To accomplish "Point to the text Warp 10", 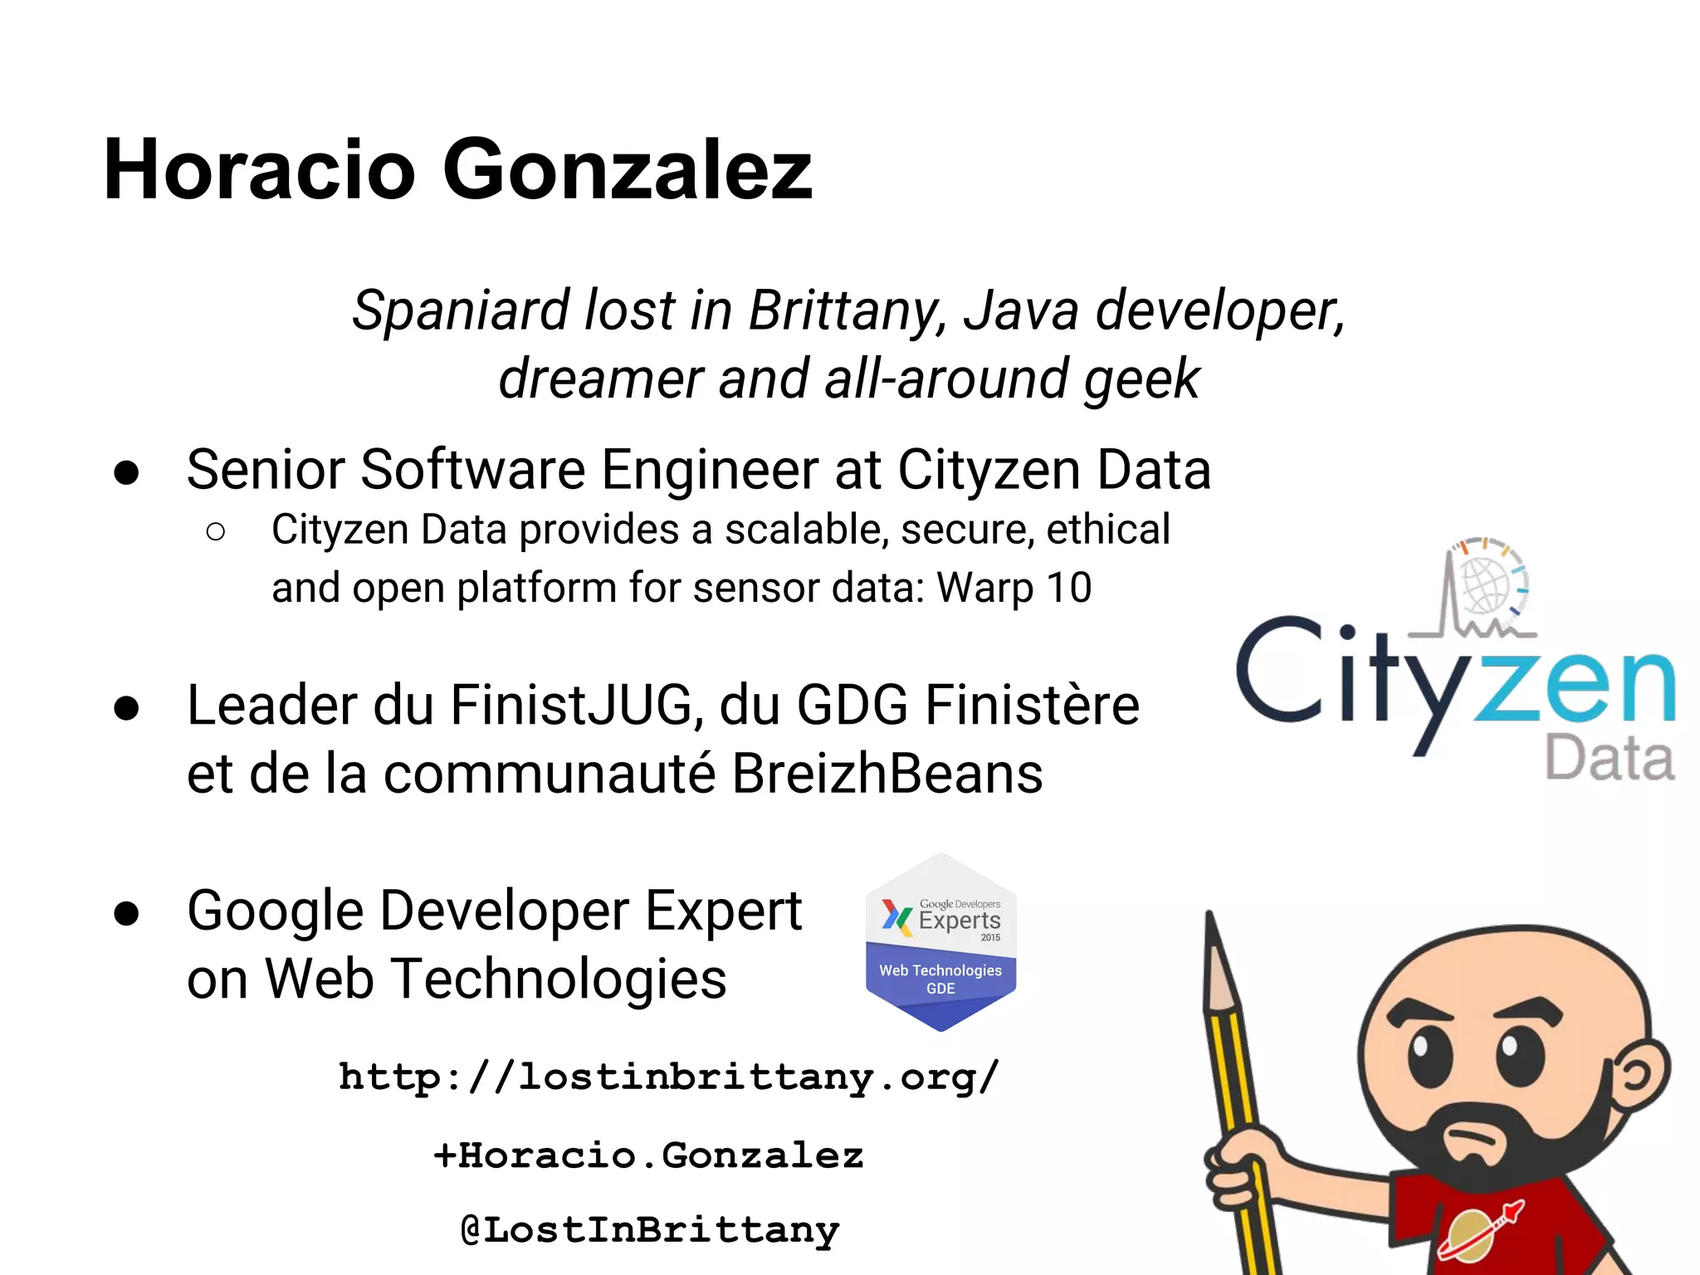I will click(1014, 588).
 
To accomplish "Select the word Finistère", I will click(1032, 706).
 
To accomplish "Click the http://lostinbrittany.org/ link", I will click(669, 1077).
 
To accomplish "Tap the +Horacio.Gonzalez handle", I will click(648, 1155).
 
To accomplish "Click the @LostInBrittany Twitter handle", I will click(650, 1230).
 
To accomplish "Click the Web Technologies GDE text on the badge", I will click(940, 979).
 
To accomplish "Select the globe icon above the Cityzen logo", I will click(1486, 584).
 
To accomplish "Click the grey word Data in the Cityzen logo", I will click(1609, 759).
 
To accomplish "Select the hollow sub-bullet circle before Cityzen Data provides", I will click(215, 531).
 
